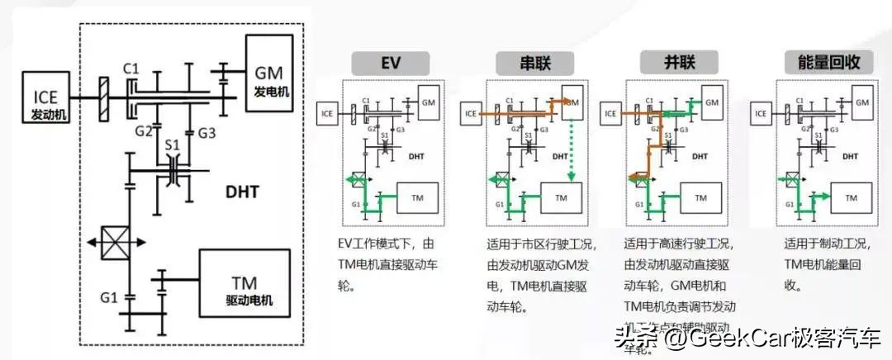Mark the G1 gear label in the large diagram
tap(108, 296)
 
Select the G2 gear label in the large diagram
tap(145, 130)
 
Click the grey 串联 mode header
tap(534, 64)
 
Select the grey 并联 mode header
tap(676, 64)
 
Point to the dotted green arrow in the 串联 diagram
tap(570, 149)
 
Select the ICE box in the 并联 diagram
tap(611, 112)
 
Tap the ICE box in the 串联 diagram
tap(471, 112)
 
